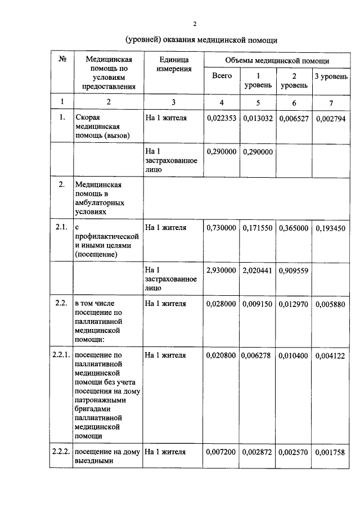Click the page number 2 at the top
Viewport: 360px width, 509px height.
pyautogui.click(x=194, y=24)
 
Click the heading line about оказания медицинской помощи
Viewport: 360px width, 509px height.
pyautogui.click(x=201, y=40)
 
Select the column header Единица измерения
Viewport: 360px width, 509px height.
pyautogui.click(x=174, y=64)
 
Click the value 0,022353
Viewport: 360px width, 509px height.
pyautogui.click(x=222, y=119)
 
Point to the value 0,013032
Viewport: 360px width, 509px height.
pyautogui.click(x=258, y=119)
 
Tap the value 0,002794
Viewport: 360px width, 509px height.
pyautogui.click(x=331, y=119)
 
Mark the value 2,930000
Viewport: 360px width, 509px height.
pyautogui.click(x=222, y=270)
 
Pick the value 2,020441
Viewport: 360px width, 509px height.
pyautogui.click(x=258, y=270)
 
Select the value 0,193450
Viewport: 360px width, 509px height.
pyautogui.click(x=331, y=228)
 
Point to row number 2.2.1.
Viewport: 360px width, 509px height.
pyautogui.click(x=60, y=355)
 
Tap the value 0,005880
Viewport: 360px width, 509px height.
pyautogui.click(x=331, y=304)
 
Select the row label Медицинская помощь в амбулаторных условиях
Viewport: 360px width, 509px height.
pyautogui.click(x=100, y=197)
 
